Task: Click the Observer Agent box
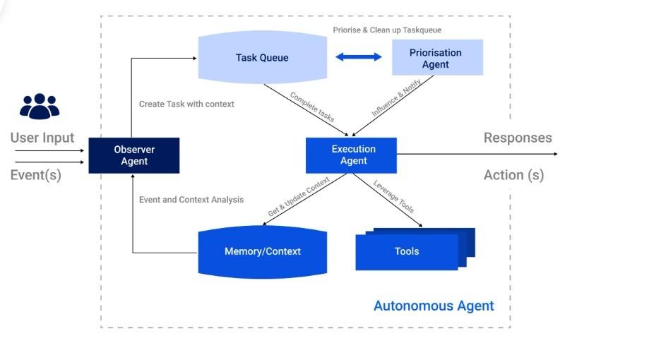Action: click(133, 155)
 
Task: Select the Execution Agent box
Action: click(351, 155)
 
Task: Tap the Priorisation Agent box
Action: click(437, 58)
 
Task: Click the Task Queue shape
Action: click(262, 58)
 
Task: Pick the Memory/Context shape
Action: click(263, 251)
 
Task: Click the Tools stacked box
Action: click(408, 251)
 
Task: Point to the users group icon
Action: click(40, 106)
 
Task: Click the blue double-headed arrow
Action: click(359, 57)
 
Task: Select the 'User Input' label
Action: click(42, 138)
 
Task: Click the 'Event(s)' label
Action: click(36, 175)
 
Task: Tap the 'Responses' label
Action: click(518, 138)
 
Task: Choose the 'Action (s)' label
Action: click(513, 175)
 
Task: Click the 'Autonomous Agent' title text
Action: click(434, 306)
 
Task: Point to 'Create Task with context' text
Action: click(186, 104)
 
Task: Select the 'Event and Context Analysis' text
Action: click(191, 200)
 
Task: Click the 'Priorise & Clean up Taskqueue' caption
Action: click(387, 30)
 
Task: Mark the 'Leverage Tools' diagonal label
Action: click(393, 197)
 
